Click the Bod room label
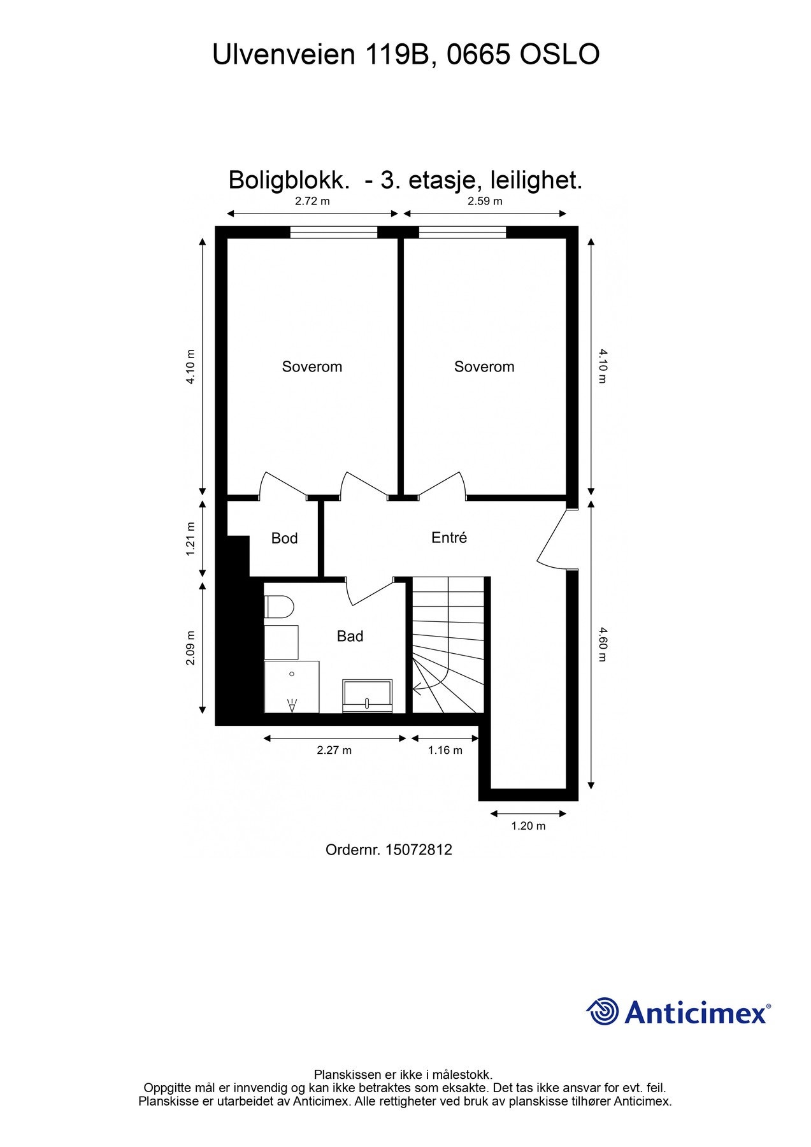[x=284, y=538]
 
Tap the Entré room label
[x=449, y=538]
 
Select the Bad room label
[x=350, y=636]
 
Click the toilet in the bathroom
[x=278, y=607]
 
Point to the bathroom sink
[x=368, y=695]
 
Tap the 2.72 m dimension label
[x=312, y=201]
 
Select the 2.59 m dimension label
[x=485, y=201]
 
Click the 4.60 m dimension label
[x=603, y=644]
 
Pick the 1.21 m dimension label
[x=190, y=539]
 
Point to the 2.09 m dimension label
[x=190, y=648]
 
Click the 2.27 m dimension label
[x=334, y=750]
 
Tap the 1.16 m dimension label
[x=445, y=750]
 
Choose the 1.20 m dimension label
[x=528, y=826]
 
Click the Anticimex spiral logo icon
[x=602, y=1011]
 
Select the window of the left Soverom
[x=334, y=232]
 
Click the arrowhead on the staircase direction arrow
[x=416, y=688]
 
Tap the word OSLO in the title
[x=559, y=55]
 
